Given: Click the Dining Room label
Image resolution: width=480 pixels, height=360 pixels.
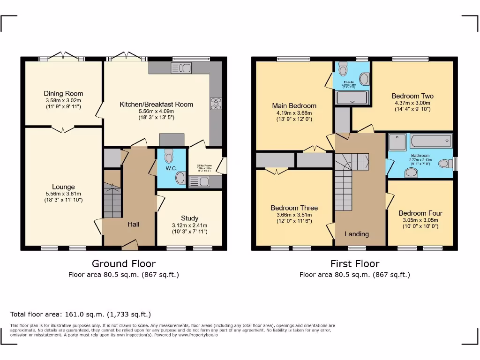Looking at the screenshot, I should point(63,94).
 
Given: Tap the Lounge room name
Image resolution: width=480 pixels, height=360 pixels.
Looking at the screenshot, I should point(63,187).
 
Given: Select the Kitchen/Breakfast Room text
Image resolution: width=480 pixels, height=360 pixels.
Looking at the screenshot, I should point(156,105).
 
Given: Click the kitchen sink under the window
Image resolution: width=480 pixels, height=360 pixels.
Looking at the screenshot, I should point(181,68).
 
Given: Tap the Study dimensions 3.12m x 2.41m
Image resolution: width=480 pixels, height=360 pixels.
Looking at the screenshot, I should point(189,225).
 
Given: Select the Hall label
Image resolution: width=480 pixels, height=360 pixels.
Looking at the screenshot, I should point(134,225).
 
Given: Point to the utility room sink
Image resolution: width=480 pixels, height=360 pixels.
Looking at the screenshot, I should point(196,181).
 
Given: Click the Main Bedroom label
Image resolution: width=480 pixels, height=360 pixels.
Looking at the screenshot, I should point(294,106).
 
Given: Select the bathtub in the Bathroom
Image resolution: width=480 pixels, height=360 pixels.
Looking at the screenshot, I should point(431,141).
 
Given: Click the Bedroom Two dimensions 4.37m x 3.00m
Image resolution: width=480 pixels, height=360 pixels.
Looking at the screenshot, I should point(412,103).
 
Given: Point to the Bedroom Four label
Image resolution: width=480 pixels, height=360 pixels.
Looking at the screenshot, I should point(420,213).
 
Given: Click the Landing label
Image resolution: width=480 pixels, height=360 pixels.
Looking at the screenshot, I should point(357,234).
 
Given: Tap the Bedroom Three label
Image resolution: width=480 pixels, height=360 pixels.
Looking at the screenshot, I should point(294,208).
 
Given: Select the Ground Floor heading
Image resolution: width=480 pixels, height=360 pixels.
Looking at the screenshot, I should point(123,264).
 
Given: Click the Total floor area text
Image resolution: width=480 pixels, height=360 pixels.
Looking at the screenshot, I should point(81,315).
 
